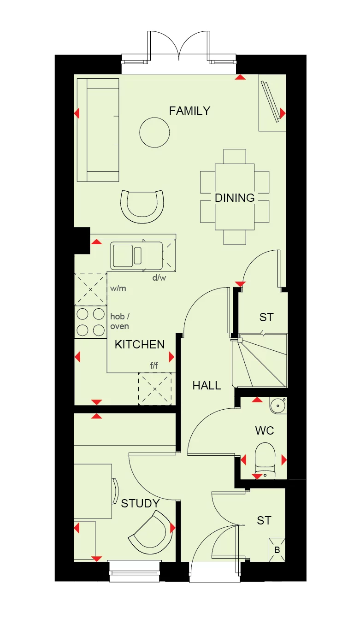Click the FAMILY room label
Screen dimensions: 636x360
(189, 111)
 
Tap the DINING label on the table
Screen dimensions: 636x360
(235, 198)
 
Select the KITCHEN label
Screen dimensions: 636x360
(140, 344)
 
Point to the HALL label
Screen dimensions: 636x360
(207, 385)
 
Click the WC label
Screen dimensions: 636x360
(264, 430)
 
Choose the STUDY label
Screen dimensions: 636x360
(140, 504)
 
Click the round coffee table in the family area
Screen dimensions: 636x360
(154, 132)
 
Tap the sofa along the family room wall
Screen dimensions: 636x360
(98, 130)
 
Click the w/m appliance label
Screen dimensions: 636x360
(118, 289)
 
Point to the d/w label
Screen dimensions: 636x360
(159, 277)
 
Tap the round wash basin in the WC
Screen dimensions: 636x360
(278, 406)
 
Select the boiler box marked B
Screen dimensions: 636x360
(277, 550)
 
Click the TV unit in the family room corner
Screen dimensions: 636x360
(271, 103)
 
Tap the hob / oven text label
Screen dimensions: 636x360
(119, 321)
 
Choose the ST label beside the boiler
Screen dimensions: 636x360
(264, 520)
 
